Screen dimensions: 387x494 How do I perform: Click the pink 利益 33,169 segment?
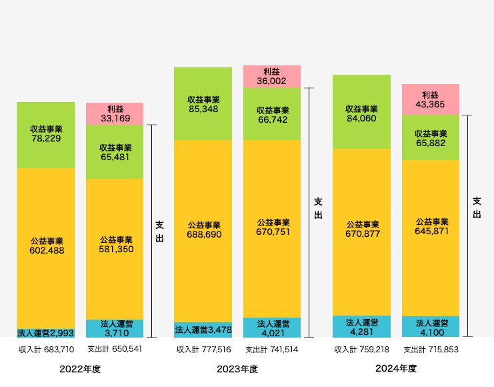[x=115, y=113]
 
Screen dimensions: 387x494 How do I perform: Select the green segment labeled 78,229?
[x=46, y=134]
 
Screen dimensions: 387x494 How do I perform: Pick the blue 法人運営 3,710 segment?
[x=115, y=328]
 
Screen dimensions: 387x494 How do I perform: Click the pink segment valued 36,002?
[x=271, y=76]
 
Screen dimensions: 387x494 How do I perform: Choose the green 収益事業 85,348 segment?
[x=203, y=103]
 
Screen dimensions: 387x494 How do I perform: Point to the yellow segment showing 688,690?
[x=203, y=230]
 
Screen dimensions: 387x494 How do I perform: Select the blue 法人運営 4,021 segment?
[x=271, y=327]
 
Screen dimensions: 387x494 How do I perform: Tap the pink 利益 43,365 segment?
[x=430, y=99]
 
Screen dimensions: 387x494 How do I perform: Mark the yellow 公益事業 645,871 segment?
[x=430, y=237]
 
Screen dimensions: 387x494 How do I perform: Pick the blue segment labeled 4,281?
[x=361, y=327]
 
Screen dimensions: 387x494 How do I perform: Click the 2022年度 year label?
[x=80, y=369]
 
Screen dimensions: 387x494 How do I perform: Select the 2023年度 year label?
[x=237, y=369]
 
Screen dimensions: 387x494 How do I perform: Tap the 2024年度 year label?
[x=396, y=368]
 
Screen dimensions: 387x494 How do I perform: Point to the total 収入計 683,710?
[x=46, y=349]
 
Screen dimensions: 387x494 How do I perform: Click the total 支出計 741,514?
[x=271, y=349]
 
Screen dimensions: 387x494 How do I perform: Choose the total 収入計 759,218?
[x=361, y=349]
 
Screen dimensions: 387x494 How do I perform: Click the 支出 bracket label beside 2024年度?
[x=477, y=208]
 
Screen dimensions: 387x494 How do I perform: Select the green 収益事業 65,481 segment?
[x=115, y=152]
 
